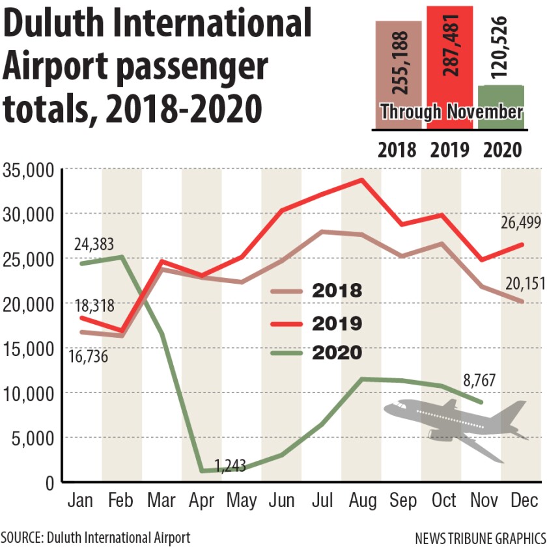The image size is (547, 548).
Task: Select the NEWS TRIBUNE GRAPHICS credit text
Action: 480,538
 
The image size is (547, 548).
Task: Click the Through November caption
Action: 451,112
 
